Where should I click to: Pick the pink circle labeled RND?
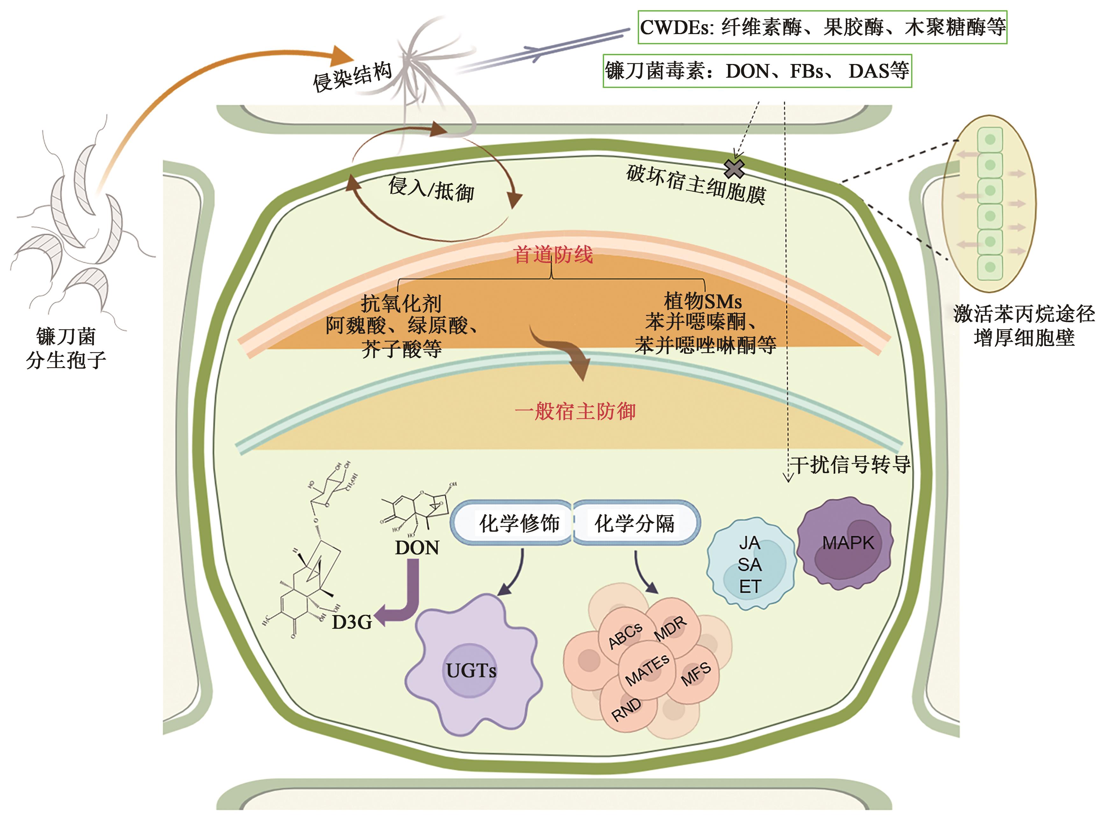point(626,709)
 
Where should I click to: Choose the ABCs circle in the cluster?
point(625,635)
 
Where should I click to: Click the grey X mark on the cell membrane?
point(734,169)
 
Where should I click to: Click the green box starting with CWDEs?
point(823,27)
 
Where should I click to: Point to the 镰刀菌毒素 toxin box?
point(757,71)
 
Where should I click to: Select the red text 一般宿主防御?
point(575,411)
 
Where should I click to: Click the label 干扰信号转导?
point(850,465)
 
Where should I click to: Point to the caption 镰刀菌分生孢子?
point(66,348)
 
